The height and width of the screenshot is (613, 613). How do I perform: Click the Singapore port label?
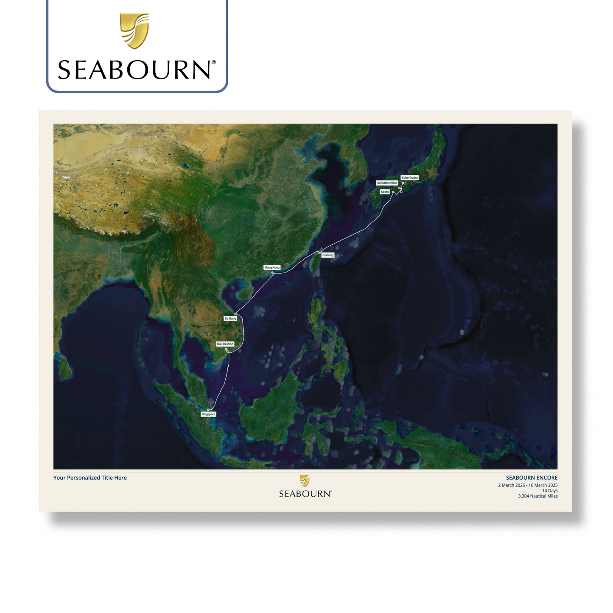point(208,414)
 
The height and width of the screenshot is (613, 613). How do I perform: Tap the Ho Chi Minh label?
point(225,344)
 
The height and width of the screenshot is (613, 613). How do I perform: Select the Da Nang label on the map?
point(230,319)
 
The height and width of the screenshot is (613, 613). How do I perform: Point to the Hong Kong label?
point(272,268)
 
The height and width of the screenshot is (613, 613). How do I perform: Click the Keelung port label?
point(328,255)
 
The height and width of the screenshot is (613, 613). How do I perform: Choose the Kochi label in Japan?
point(384,192)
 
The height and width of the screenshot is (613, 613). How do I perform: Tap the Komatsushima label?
point(387,183)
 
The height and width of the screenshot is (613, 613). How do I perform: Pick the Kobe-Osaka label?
point(409,178)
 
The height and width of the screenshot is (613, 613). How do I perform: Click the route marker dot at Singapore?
point(208,410)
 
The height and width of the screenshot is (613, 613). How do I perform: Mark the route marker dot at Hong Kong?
point(272,273)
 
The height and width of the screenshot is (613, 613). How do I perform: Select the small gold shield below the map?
point(305,480)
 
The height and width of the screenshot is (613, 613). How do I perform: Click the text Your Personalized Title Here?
point(90,478)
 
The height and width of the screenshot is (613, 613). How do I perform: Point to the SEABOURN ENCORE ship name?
point(532,478)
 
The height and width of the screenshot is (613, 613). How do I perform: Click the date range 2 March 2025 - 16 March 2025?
point(528,485)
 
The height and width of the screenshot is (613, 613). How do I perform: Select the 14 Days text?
point(550,491)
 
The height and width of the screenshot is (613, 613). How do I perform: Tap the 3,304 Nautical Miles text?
point(537,496)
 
